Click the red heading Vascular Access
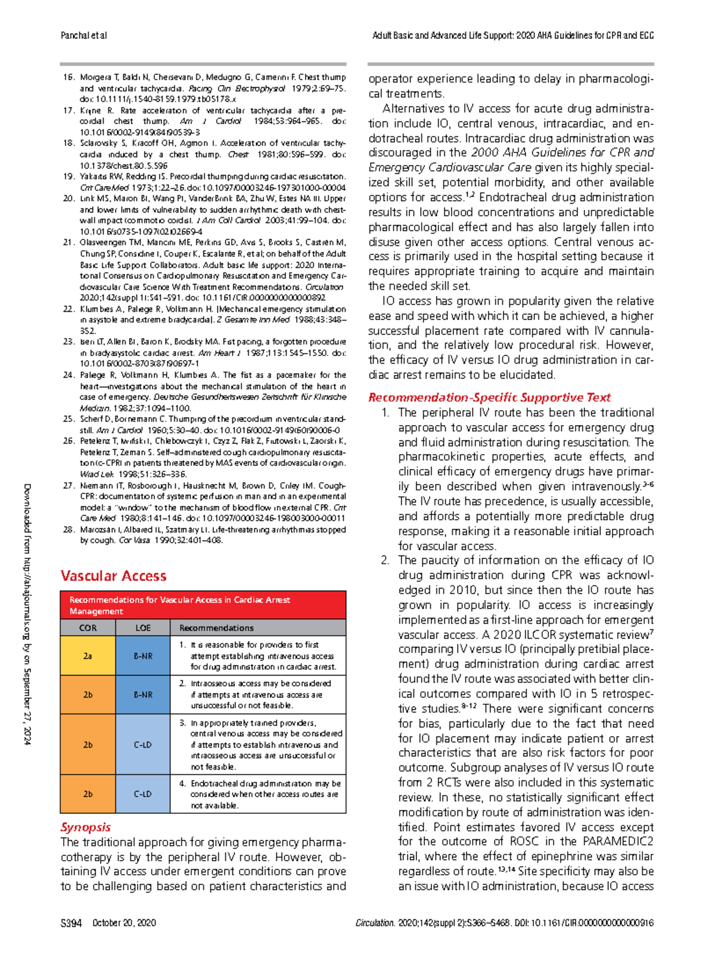[113, 576]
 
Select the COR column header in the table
[88, 627]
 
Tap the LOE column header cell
[143, 627]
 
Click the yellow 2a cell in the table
[88, 655]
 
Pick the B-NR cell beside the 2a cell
[143, 655]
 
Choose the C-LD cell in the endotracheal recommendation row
[143, 793]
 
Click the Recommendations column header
[216, 627]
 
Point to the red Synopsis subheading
[85, 827]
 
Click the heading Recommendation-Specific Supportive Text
[489, 397]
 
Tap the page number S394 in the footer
[71, 923]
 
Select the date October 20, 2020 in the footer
[124, 923]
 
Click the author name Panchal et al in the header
[83, 35]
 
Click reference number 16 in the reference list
[69, 77]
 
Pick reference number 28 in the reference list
[69, 529]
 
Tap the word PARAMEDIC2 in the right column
[618, 841]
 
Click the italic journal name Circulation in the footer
[375, 923]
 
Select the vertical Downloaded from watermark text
[27, 613]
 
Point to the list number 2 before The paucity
[384, 560]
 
